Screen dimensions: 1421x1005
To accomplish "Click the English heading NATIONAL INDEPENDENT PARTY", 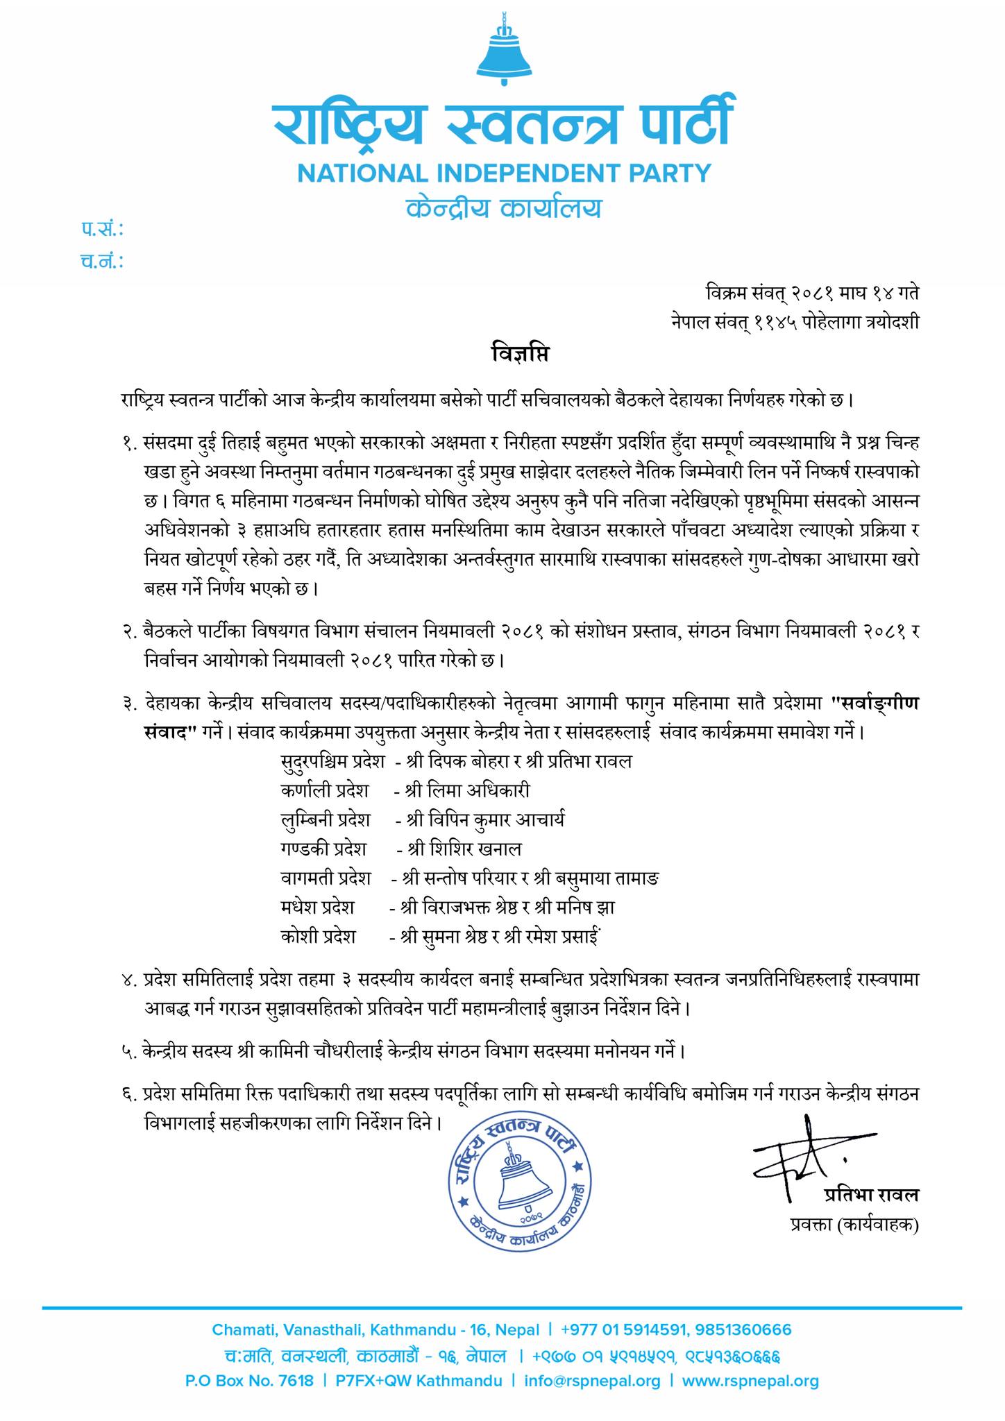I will [x=505, y=173].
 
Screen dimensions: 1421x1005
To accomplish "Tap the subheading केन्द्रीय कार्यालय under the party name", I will [x=504, y=208].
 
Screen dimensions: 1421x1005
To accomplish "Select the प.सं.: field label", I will [x=101, y=229].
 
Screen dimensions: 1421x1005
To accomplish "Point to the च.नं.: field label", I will [x=101, y=261].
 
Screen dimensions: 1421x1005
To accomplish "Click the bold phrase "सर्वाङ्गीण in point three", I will [x=875, y=704].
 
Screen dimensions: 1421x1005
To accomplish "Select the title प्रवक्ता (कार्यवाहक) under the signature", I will [x=854, y=1225].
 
